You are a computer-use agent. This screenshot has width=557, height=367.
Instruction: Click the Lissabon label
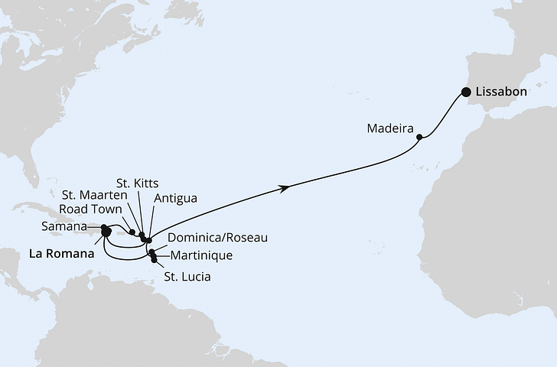pyautogui.click(x=501, y=91)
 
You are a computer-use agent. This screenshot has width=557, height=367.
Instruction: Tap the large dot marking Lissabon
pyautogui.click(x=466, y=93)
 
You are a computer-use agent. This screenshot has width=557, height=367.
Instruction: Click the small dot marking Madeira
pyautogui.click(x=419, y=138)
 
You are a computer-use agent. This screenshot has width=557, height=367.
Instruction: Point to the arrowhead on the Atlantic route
pyautogui.click(x=286, y=187)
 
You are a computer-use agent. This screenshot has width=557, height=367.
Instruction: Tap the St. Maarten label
pyautogui.click(x=93, y=197)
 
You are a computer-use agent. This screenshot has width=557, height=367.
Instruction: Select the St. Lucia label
pyautogui.click(x=186, y=274)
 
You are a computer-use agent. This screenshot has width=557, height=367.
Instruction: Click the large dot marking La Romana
pyautogui.click(x=106, y=233)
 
